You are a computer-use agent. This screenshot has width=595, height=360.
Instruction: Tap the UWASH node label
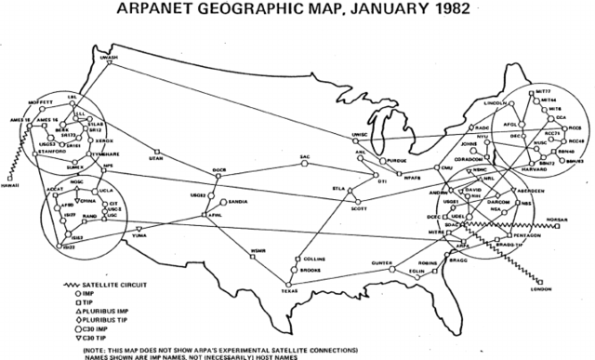tap(110, 53)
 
